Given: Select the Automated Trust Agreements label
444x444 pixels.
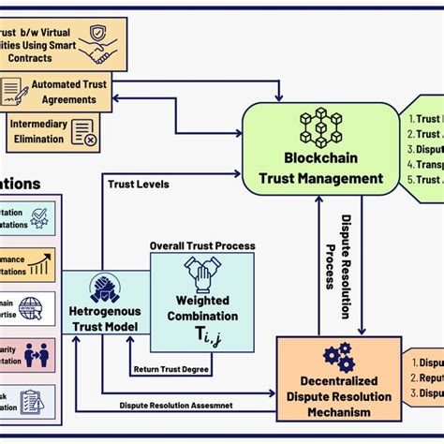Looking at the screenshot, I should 68,91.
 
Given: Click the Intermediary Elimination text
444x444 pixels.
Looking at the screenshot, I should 38,130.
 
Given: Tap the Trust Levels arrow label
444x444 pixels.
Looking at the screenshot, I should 139,185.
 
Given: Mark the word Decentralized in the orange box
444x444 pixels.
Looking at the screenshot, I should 336,381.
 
